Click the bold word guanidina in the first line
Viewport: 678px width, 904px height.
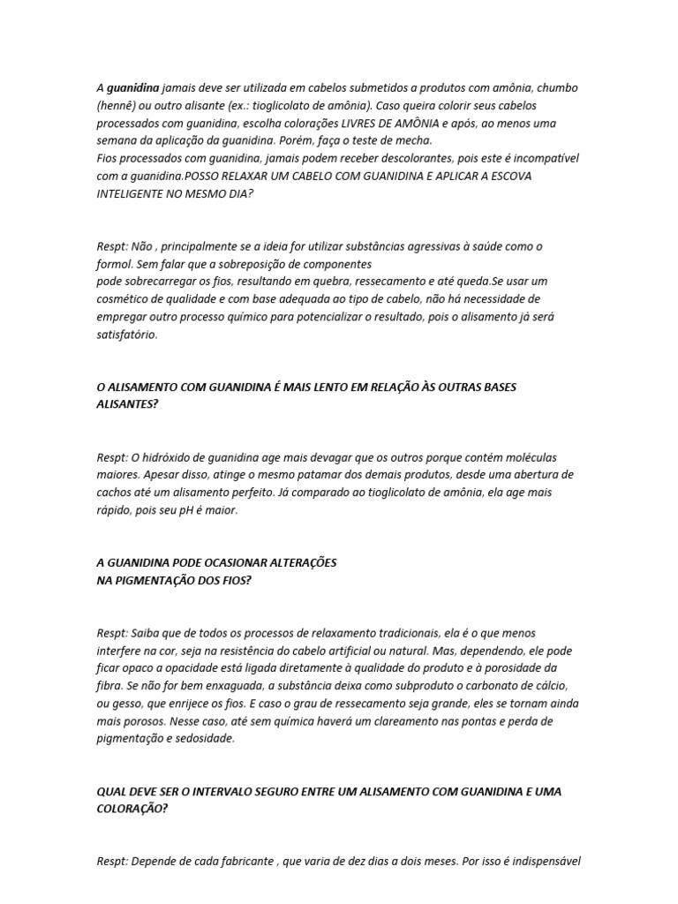pos(133,88)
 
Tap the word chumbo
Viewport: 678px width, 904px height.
pos(556,88)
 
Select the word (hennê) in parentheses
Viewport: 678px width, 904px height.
pos(117,106)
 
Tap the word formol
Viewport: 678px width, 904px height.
pos(115,263)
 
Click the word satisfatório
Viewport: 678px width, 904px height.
pos(127,335)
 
